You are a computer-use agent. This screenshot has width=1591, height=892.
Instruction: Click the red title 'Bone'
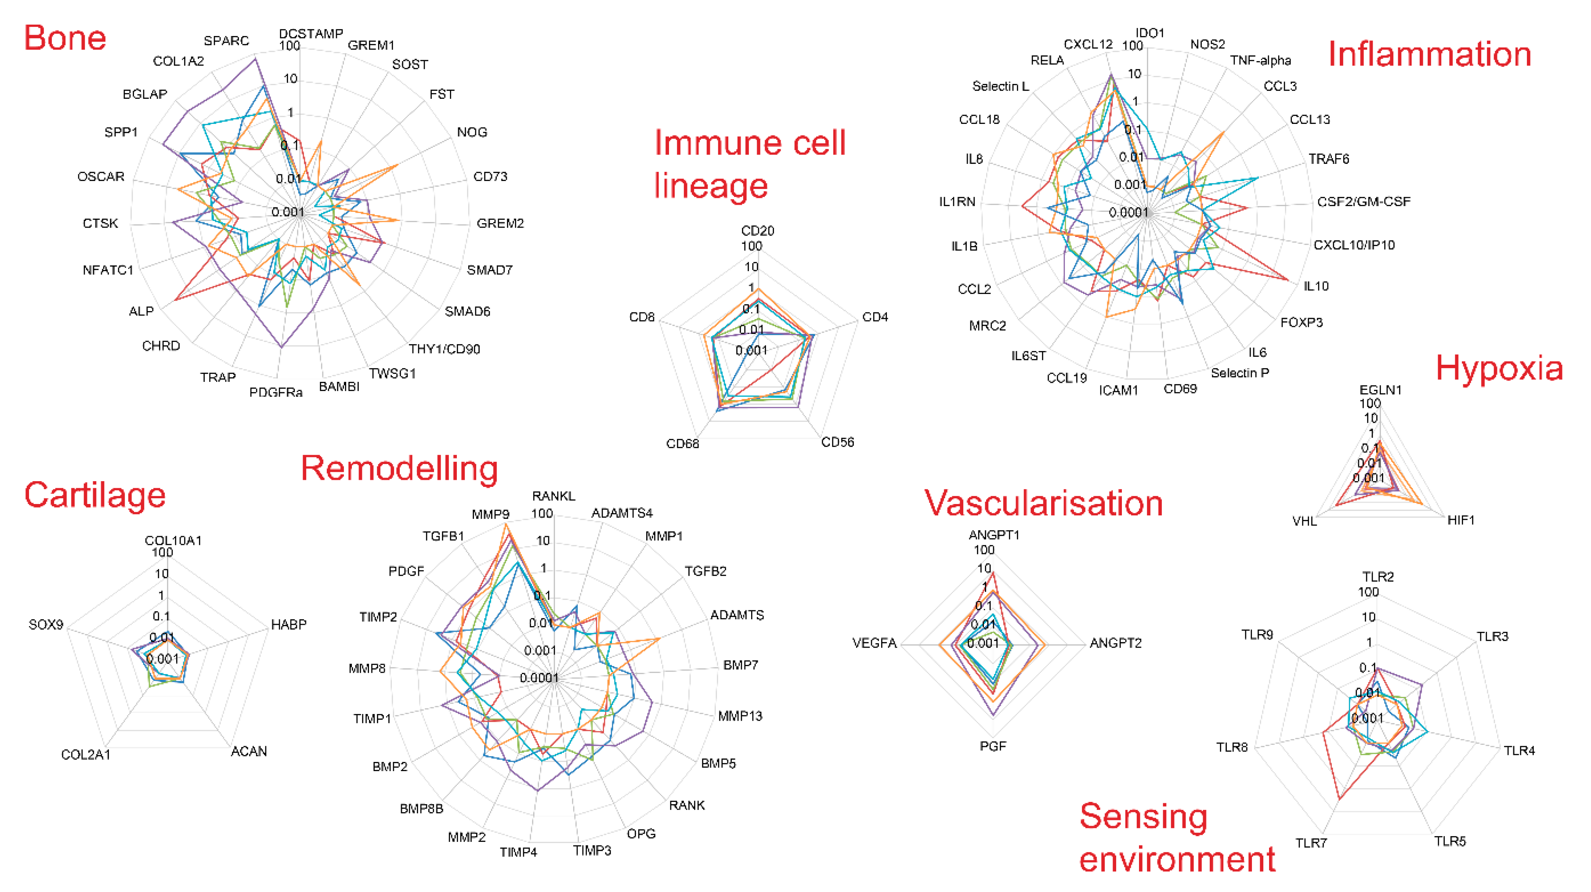point(65,38)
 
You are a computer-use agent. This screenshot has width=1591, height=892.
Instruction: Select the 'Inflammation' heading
point(1429,54)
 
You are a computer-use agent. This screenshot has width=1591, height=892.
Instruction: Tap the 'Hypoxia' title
point(1499,369)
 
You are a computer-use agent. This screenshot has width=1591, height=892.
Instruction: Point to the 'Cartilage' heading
point(94,495)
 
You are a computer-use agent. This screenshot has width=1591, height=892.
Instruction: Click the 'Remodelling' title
point(399,468)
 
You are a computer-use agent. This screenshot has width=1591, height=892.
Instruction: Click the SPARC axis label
point(226,41)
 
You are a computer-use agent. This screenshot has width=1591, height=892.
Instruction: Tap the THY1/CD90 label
point(444,349)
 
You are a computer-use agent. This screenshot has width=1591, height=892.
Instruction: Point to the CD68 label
point(683,443)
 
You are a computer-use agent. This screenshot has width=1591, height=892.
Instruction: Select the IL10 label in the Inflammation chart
point(1316,286)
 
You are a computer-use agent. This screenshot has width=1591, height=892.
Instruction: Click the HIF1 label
point(1461,520)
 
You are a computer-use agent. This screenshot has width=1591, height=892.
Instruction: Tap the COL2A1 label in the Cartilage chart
point(85,754)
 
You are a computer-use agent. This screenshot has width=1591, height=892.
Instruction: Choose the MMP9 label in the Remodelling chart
point(490,514)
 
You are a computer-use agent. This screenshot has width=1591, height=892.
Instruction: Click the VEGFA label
point(874,643)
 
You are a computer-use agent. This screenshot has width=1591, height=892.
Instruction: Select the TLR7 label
point(1311,843)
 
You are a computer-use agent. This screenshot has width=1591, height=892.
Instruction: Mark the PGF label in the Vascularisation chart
point(993,746)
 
